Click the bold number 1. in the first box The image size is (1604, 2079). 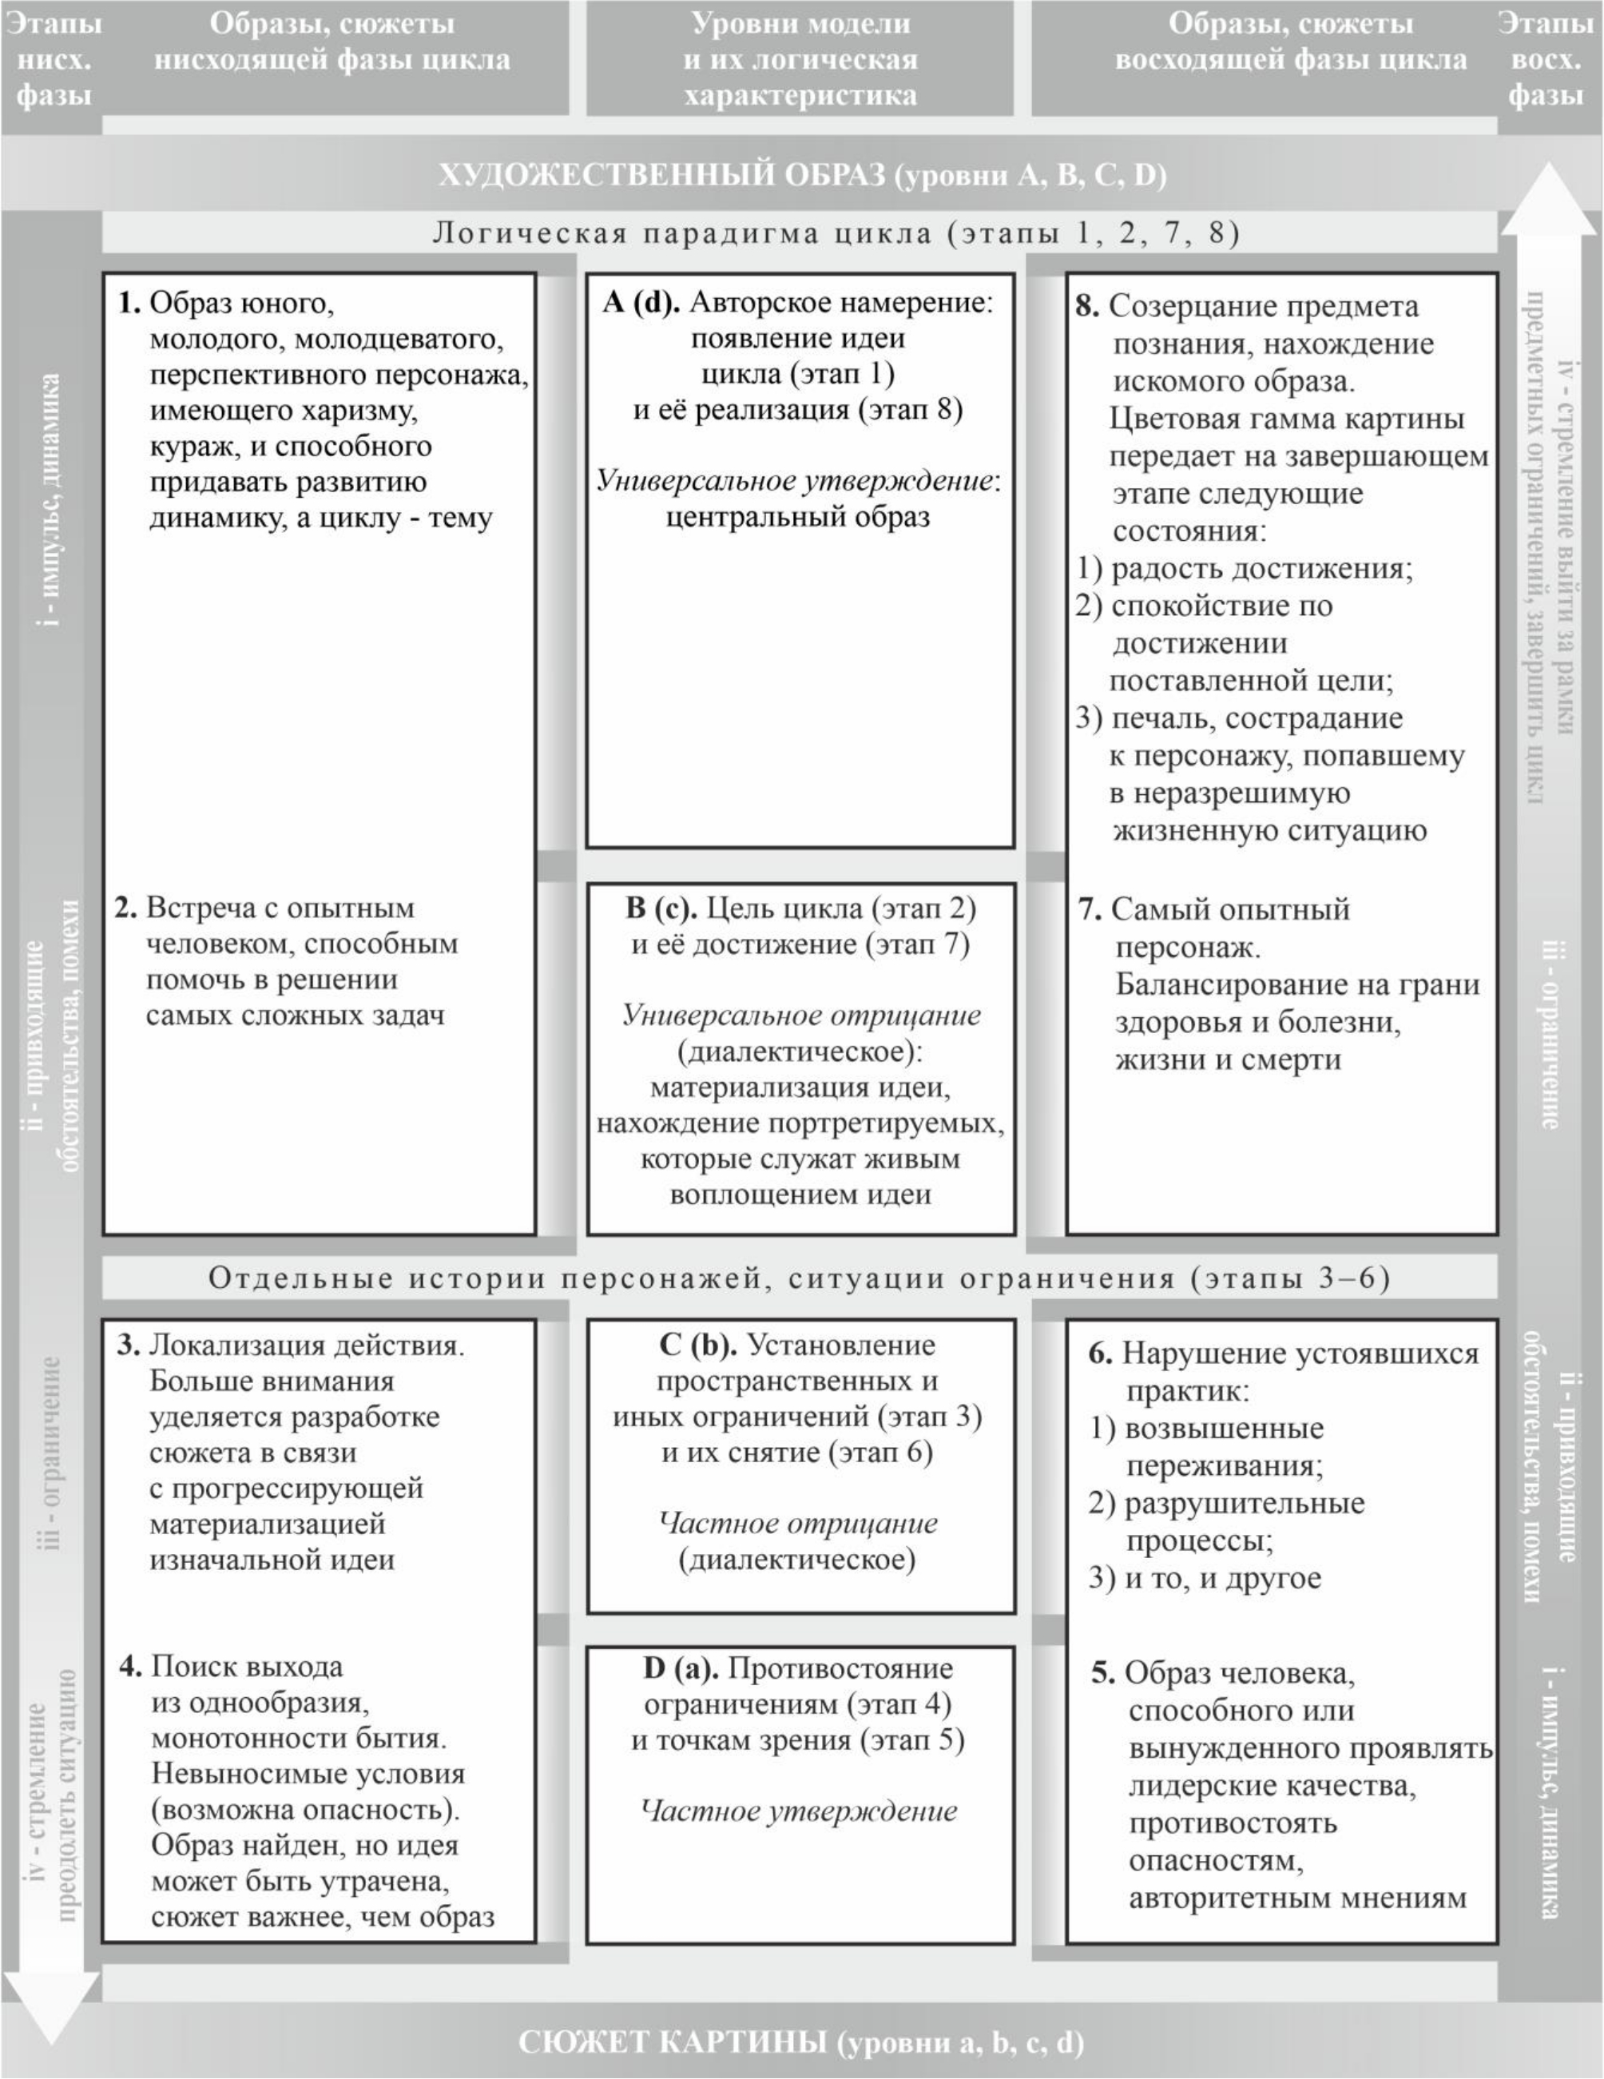[129, 304]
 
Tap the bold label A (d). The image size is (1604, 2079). [641, 303]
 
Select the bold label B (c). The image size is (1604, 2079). [661, 908]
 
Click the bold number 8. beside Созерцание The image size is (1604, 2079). [1088, 307]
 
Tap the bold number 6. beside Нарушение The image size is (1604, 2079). [1101, 1354]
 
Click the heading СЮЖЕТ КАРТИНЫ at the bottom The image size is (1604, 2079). [672, 2043]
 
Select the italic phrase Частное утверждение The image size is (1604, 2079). [799, 1811]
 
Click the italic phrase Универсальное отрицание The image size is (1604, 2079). [801, 1016]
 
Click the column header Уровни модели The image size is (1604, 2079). [800, 24]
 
